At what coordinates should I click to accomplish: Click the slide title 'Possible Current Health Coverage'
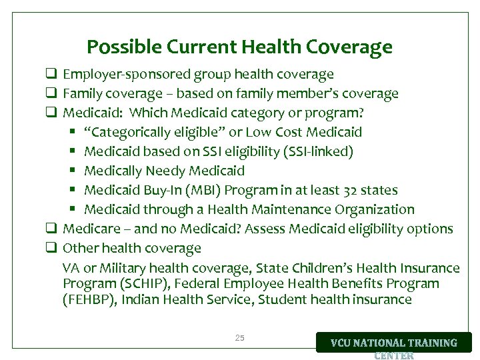239,47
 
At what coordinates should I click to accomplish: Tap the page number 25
240,338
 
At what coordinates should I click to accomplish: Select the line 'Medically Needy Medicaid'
165,171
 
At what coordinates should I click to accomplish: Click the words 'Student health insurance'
335,299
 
